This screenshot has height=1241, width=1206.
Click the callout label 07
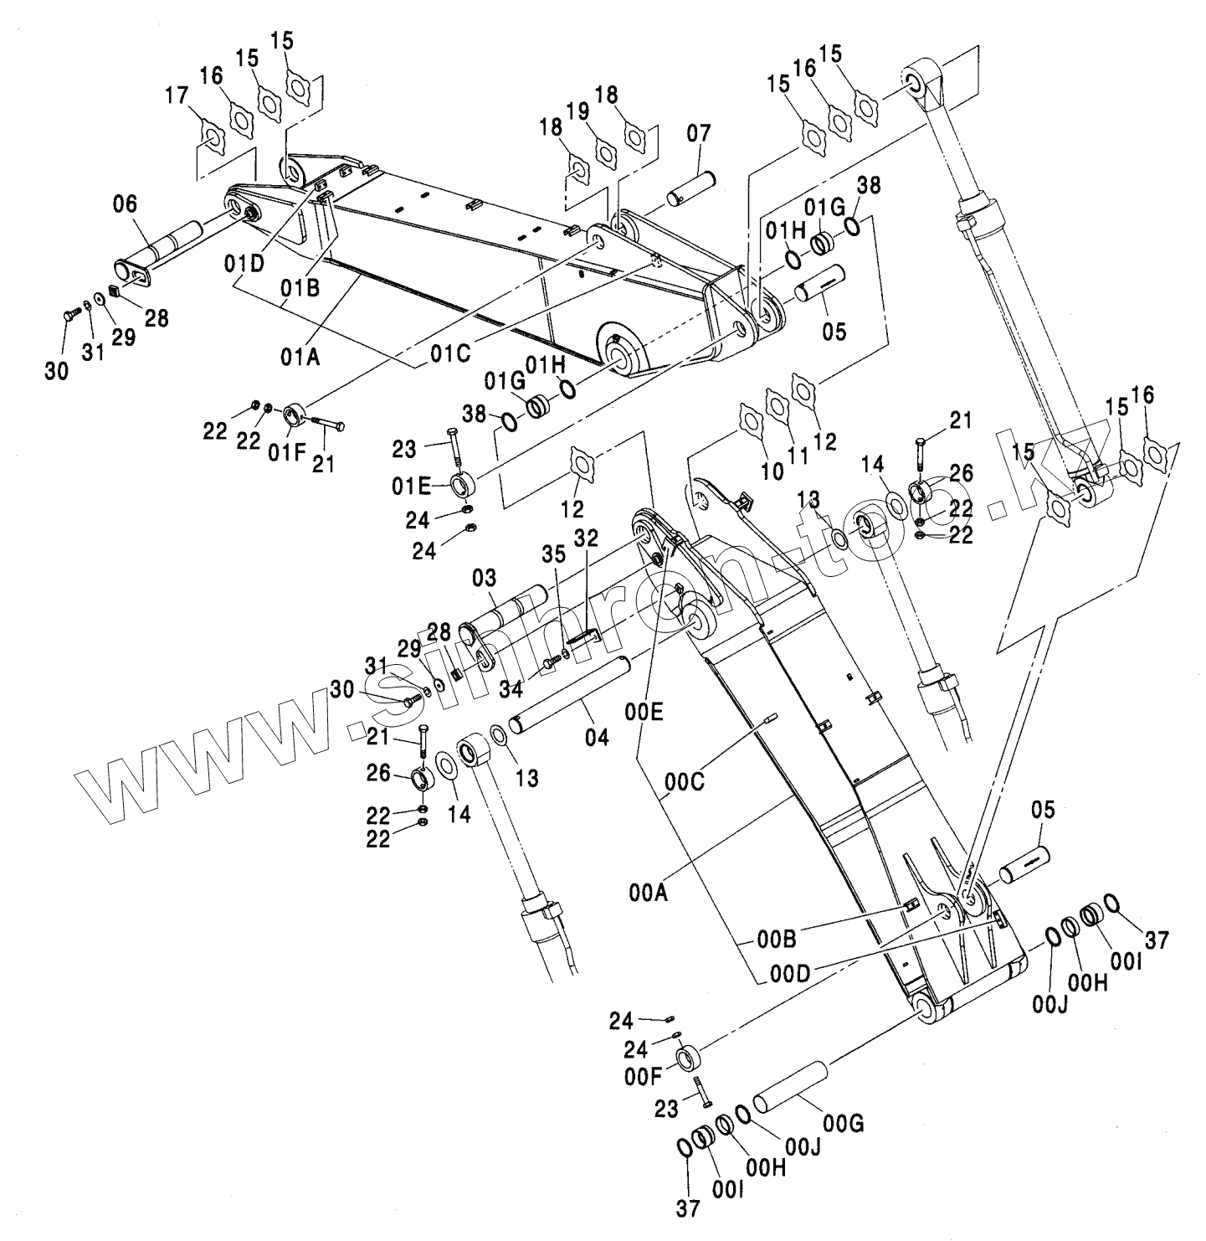(x=699, y=133)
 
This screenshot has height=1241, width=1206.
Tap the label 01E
(x=433, y=486)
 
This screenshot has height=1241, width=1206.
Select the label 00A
(x=649, y=893)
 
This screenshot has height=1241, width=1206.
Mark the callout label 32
(x=586, y=538)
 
